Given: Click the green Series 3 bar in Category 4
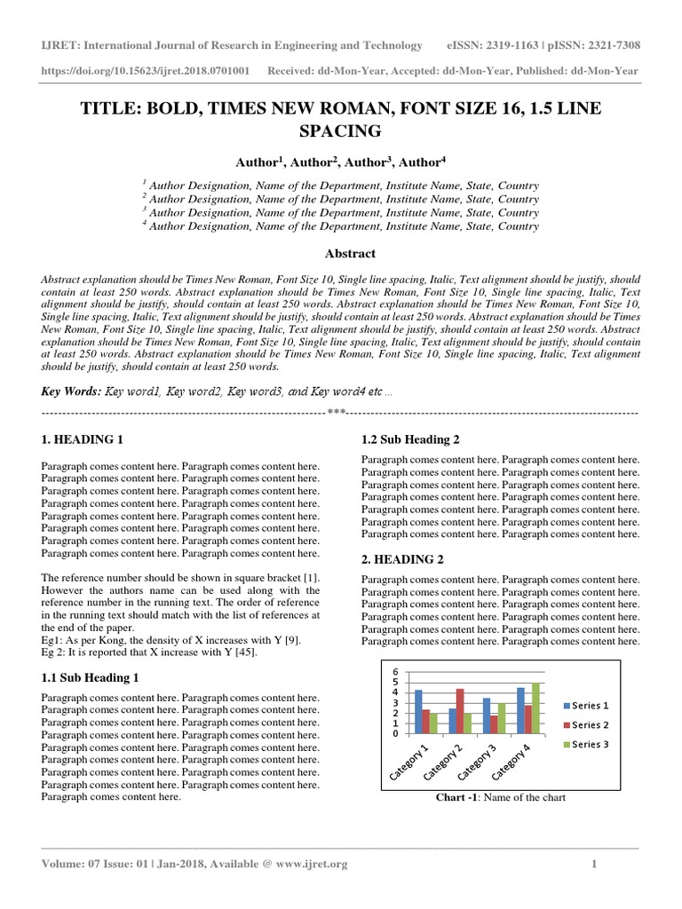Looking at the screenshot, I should click(535, 707).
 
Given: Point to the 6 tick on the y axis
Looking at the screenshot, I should click(396, 671).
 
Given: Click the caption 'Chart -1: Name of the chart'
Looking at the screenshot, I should click(500, 797).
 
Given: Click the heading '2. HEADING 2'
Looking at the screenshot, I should click(402, 559).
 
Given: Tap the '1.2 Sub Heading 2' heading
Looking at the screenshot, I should click(410, 439).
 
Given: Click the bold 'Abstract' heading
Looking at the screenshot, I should click(340, 253).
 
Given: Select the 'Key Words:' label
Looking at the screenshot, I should click(70, 391).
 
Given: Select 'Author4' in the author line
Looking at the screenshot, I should click(422, 162).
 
